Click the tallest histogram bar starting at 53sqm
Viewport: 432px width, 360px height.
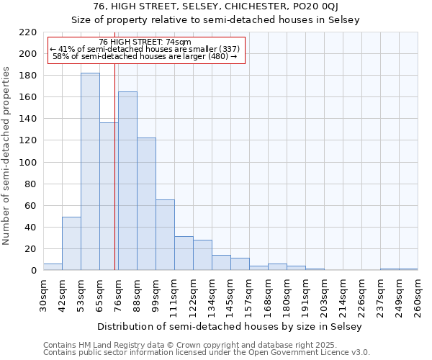tap(90, 173)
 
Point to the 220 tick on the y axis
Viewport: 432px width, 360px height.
tap(28, 32)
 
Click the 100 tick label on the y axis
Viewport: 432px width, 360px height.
tap(28, 163)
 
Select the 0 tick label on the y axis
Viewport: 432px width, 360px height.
tap(33, 271)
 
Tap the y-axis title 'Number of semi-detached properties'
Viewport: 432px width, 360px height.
tap(7, 156)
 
